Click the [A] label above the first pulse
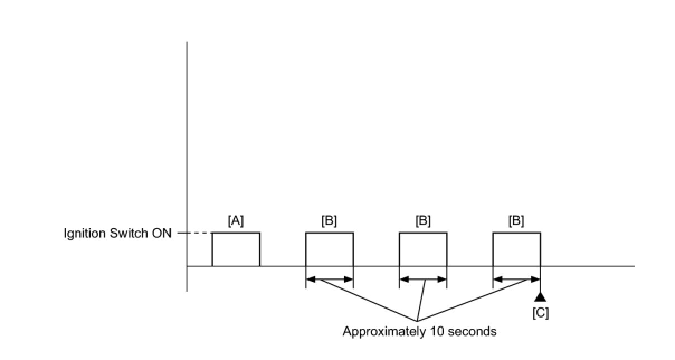tap(236, 221)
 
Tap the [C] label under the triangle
tap(540, 313)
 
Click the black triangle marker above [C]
tap(540, 296)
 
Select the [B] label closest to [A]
tap(329, 221)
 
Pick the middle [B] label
tap(423, 221)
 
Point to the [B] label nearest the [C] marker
tap(516, 221)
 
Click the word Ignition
tap(83, 234)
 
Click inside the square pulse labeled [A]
tap(236, 249)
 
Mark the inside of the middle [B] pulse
tap(423, 249)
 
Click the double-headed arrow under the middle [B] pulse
tap(423, 279)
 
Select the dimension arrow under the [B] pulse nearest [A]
tap(329, 279)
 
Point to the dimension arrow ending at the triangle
tap(516, 279)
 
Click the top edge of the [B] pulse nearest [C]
tap(516, 233)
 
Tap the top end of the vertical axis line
tap(187, 43)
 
